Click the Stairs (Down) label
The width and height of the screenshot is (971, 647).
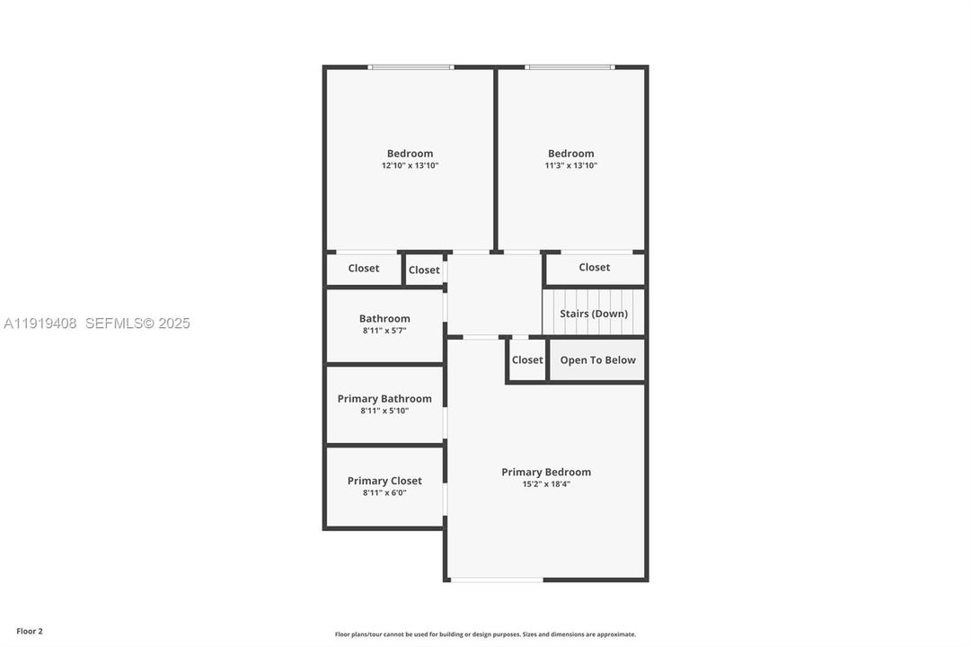594,314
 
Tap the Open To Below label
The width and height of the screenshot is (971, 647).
597,360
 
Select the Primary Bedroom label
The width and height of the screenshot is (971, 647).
546,472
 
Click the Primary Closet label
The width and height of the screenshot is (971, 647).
384,481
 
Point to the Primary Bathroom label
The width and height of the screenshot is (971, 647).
384,399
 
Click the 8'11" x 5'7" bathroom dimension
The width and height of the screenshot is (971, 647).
384,331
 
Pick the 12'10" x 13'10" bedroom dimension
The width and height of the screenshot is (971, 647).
410,165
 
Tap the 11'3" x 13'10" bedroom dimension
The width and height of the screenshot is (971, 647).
571,165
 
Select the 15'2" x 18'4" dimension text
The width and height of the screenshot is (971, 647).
546,484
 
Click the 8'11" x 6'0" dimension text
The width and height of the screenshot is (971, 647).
384,492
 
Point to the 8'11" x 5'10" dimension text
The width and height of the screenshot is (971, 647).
384,411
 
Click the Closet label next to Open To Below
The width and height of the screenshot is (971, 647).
527,360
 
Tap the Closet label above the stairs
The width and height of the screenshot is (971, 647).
594,267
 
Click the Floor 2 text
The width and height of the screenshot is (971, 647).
30,632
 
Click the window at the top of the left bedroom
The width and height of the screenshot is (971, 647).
410,66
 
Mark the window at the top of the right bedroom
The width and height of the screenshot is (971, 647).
569,66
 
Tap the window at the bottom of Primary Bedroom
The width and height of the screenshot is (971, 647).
497,580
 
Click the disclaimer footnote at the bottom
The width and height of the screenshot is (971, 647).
485,634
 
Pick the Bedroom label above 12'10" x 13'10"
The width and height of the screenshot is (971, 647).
410,154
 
